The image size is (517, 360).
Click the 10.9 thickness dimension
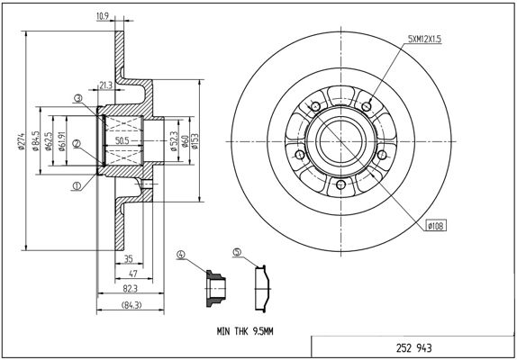click(103, 16)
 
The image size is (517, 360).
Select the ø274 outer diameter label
click(22, 141)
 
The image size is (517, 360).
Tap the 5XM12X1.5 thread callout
click(424, 40)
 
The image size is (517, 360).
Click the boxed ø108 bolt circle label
click(436, 226)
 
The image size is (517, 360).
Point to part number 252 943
click(413, 347)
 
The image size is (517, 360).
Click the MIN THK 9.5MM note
click(245, 331)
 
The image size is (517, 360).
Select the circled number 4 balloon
click(181, 255)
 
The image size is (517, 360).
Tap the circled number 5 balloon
click(237, 252)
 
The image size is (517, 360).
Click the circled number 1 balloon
click(77, 186)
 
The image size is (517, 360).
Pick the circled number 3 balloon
click(77, 98)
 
